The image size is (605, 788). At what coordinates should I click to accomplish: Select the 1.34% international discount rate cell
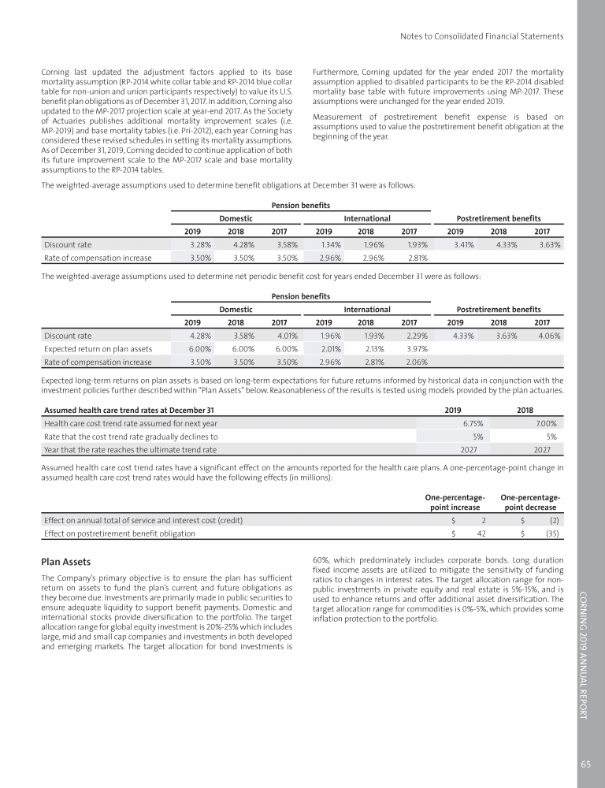tap(329, 244)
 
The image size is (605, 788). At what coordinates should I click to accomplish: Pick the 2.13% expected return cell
tap(373, 348)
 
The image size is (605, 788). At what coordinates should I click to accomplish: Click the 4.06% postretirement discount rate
tap(548, 334)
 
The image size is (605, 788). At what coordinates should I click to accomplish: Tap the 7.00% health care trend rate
tap(546, 422)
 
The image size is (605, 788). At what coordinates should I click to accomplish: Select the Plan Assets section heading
tap(66, 563)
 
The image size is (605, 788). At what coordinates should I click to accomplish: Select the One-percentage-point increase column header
tap(455, 503)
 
